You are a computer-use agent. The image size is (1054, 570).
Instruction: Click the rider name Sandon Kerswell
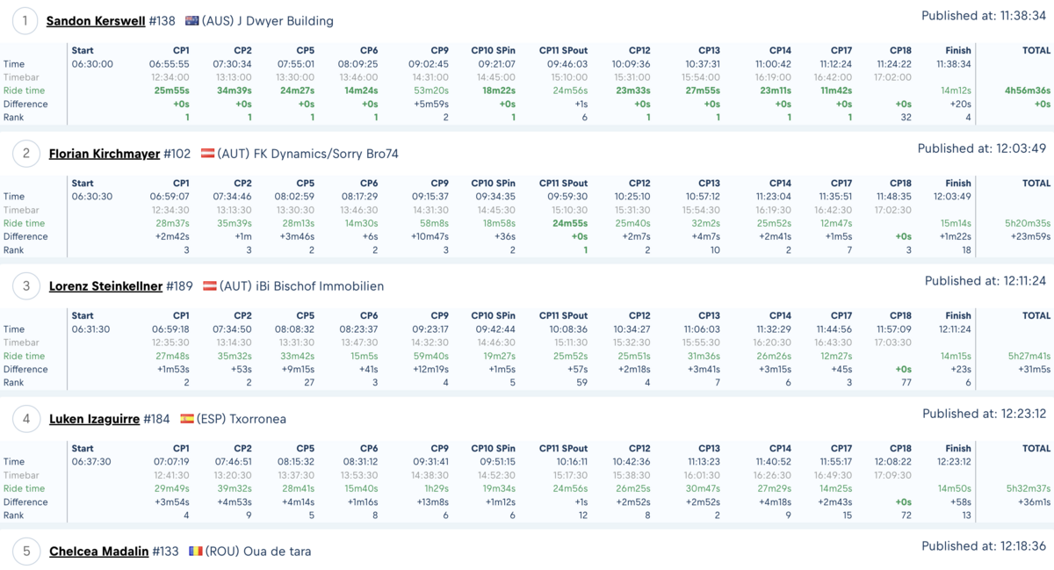(96, 21)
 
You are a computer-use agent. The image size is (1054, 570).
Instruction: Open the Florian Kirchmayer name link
(105, 154)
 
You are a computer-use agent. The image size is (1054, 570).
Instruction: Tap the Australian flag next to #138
(192, 21)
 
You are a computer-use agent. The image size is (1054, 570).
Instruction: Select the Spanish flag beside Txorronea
(187, 418)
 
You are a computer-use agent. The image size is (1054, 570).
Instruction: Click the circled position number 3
(25, 286)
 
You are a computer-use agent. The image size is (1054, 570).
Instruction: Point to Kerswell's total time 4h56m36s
(1027, 90)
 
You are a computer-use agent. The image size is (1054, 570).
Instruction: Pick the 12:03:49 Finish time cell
(952, 196)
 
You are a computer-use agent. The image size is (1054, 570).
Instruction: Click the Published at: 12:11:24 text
(985, 281)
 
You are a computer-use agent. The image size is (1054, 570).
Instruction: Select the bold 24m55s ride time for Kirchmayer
(570, 223)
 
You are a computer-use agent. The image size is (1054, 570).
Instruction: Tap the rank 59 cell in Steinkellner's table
(582, 382)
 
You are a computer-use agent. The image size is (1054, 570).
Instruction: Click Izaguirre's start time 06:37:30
(91, 461)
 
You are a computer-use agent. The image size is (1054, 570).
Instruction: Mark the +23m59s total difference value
(1030, 236)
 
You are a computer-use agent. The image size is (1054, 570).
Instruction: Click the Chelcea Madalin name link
(98, 552)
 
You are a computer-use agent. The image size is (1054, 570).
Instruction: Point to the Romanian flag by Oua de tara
(195, 551)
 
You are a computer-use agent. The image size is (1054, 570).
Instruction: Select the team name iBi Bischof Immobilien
(320, 286)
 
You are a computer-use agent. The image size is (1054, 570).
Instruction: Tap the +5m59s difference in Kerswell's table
(431, 104)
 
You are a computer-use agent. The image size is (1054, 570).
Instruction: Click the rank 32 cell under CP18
(906, 117)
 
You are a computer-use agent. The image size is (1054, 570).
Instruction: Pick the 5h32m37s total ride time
(1029, 488)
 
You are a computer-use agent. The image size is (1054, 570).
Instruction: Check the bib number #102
(177, 154)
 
